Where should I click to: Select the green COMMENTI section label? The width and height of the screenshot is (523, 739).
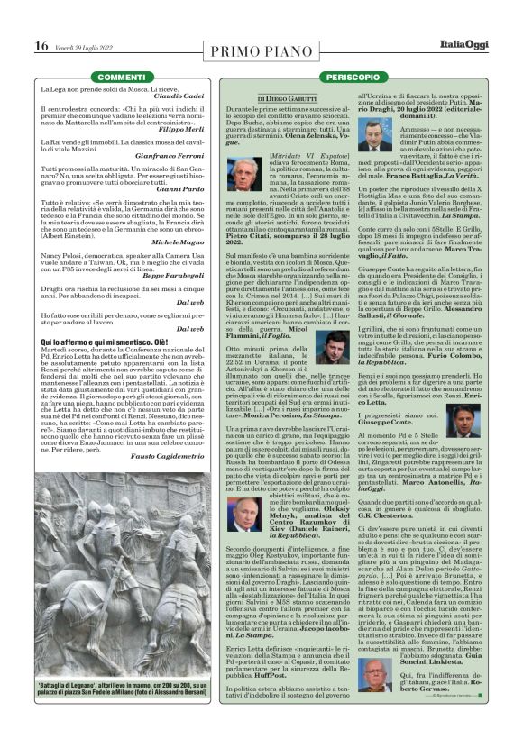[x=122, y=78]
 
